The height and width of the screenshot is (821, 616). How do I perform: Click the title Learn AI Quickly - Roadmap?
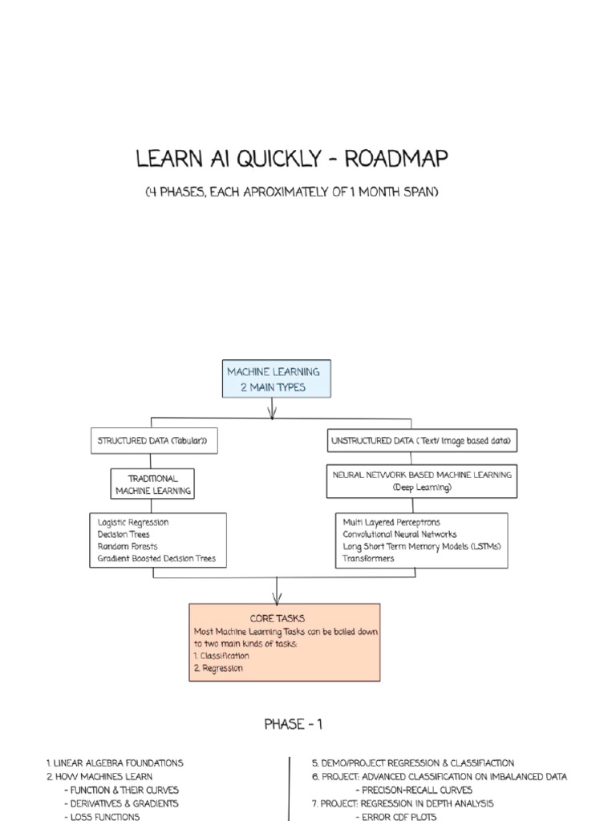292,159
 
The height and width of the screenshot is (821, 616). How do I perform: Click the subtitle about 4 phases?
292,193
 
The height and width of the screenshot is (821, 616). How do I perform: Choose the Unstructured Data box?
422,441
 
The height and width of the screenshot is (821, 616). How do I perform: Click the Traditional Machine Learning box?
152,484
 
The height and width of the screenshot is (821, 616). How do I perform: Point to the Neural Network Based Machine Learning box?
422,480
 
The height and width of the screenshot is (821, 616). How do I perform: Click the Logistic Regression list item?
133,523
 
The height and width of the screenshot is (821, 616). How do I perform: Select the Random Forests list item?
128,547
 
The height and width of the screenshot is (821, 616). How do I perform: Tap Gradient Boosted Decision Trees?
156,559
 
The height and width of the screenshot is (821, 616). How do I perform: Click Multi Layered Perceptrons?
391,523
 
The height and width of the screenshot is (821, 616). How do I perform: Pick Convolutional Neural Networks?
399,535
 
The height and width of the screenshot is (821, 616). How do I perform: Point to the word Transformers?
368,559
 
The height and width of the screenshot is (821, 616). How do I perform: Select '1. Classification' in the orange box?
221,656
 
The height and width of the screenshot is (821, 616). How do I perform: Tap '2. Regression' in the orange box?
218,668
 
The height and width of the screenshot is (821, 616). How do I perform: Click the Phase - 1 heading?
294,725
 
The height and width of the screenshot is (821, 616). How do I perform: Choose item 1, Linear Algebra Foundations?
115,763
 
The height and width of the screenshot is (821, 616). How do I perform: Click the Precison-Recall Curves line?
414,790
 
